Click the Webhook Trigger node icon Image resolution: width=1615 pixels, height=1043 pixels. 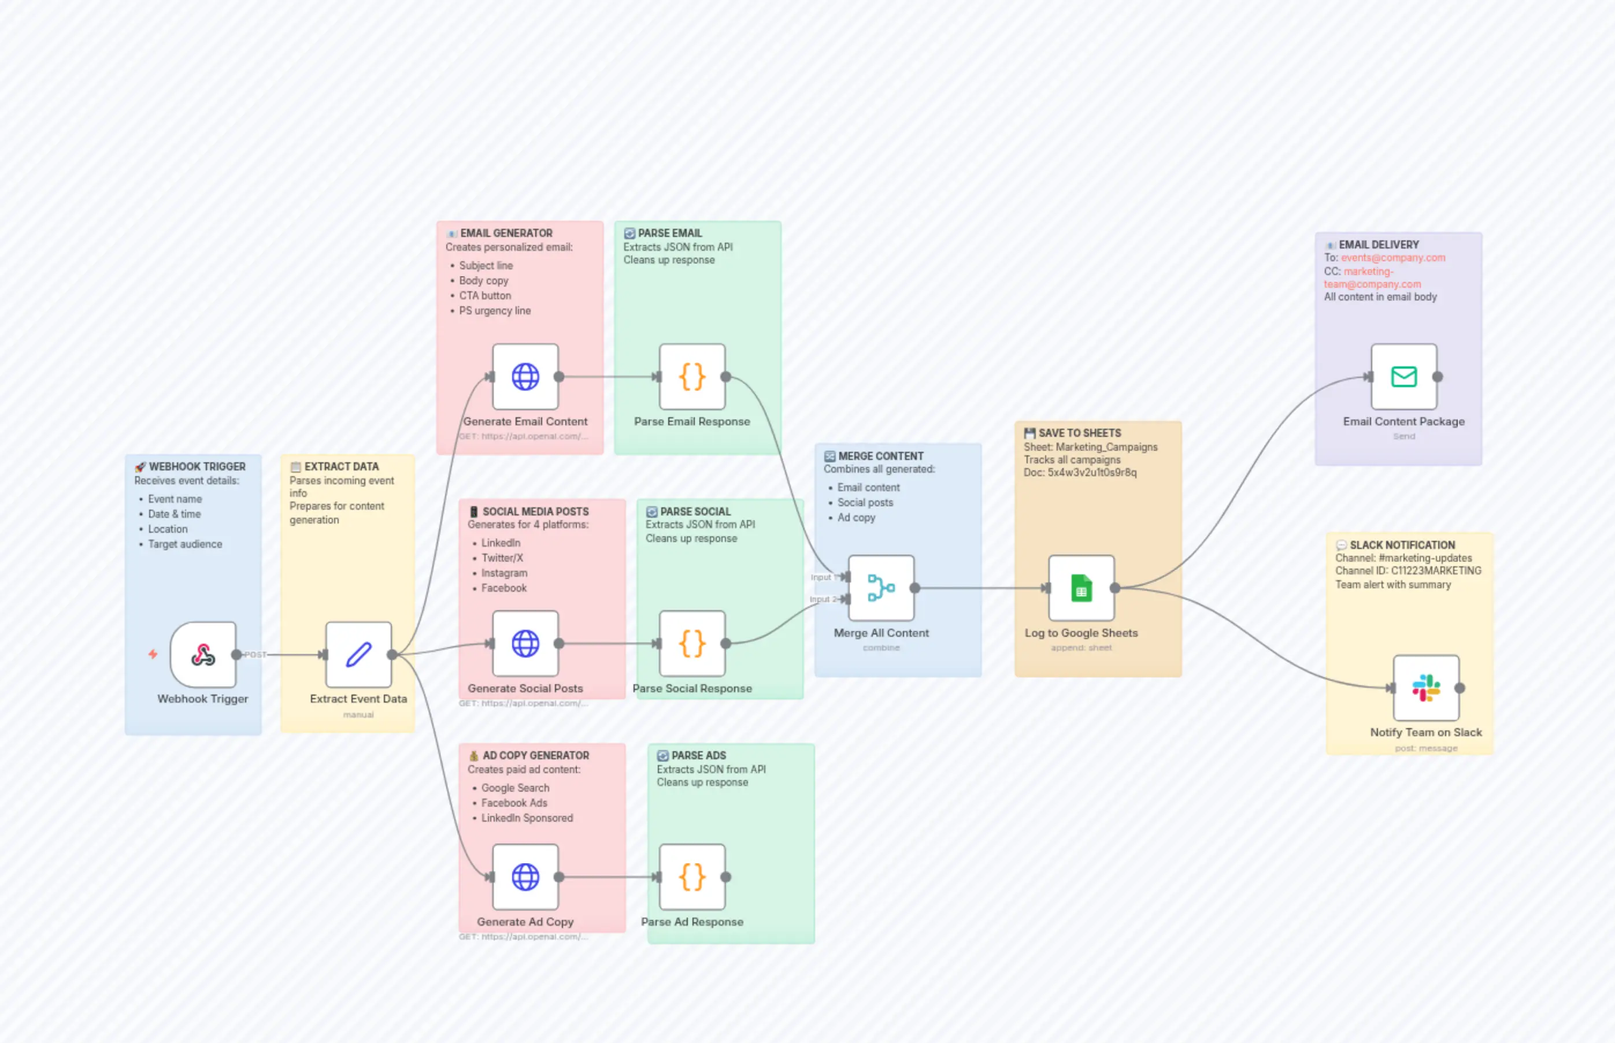click(x=202, y=654)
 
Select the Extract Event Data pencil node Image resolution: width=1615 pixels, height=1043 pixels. click(x=358, y=654)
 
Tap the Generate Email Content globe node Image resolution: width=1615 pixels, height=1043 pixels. click(x=525, y=377)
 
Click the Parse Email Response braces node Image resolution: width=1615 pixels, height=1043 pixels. click(x=692, y=377)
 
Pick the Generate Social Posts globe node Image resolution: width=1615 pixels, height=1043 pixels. click(x=525, y=643)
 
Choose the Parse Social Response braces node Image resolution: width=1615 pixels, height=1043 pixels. click(x=692, y=643)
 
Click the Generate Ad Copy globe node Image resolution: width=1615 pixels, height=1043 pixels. click(x=525, y=877)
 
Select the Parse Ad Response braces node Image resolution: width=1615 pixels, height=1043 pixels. click(x=692, y=877)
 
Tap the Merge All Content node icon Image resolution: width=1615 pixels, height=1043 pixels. click(x=881, y=588)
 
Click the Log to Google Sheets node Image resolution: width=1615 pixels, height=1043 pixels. click(x=1081, y=588)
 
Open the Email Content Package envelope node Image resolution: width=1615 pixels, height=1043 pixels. click(x=1403, y=377)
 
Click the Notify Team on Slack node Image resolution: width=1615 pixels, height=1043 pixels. click(x=1426, y=688)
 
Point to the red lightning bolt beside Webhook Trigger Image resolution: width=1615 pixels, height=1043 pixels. click(x=153, y=654)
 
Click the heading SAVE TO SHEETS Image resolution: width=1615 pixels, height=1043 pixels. click(x=1079, y=433)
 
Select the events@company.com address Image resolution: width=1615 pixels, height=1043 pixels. click(x=1393, y=257)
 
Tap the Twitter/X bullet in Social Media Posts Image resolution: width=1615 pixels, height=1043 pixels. click(x=501, y=558)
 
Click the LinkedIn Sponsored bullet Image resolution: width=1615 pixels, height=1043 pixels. click(x=527, y=818)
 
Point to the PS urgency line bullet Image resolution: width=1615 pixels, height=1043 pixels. click(x=495, y=311)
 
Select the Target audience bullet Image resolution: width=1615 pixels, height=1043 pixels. click(x=184, y=544)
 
